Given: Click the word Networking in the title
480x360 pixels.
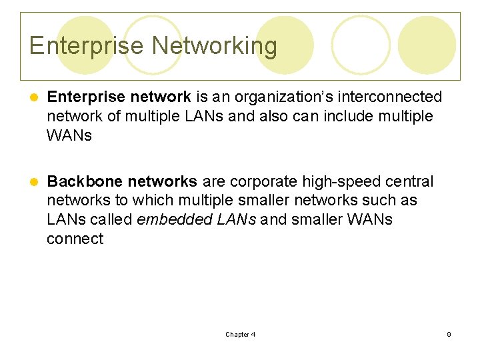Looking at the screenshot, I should pyautogui.click(x=214, y=46).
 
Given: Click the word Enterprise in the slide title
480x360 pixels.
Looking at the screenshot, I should pyautogui.click(x=87, y=46).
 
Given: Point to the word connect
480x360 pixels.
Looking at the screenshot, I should pyautogui.click(x=75, y=239).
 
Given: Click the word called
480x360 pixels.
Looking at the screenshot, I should pyautogui.click(x=111, y=219).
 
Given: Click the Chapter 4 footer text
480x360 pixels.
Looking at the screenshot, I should pyautogui.click(x=240, y=334).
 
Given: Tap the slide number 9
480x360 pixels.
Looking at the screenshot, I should pyautogui.click(x=449, y=334).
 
